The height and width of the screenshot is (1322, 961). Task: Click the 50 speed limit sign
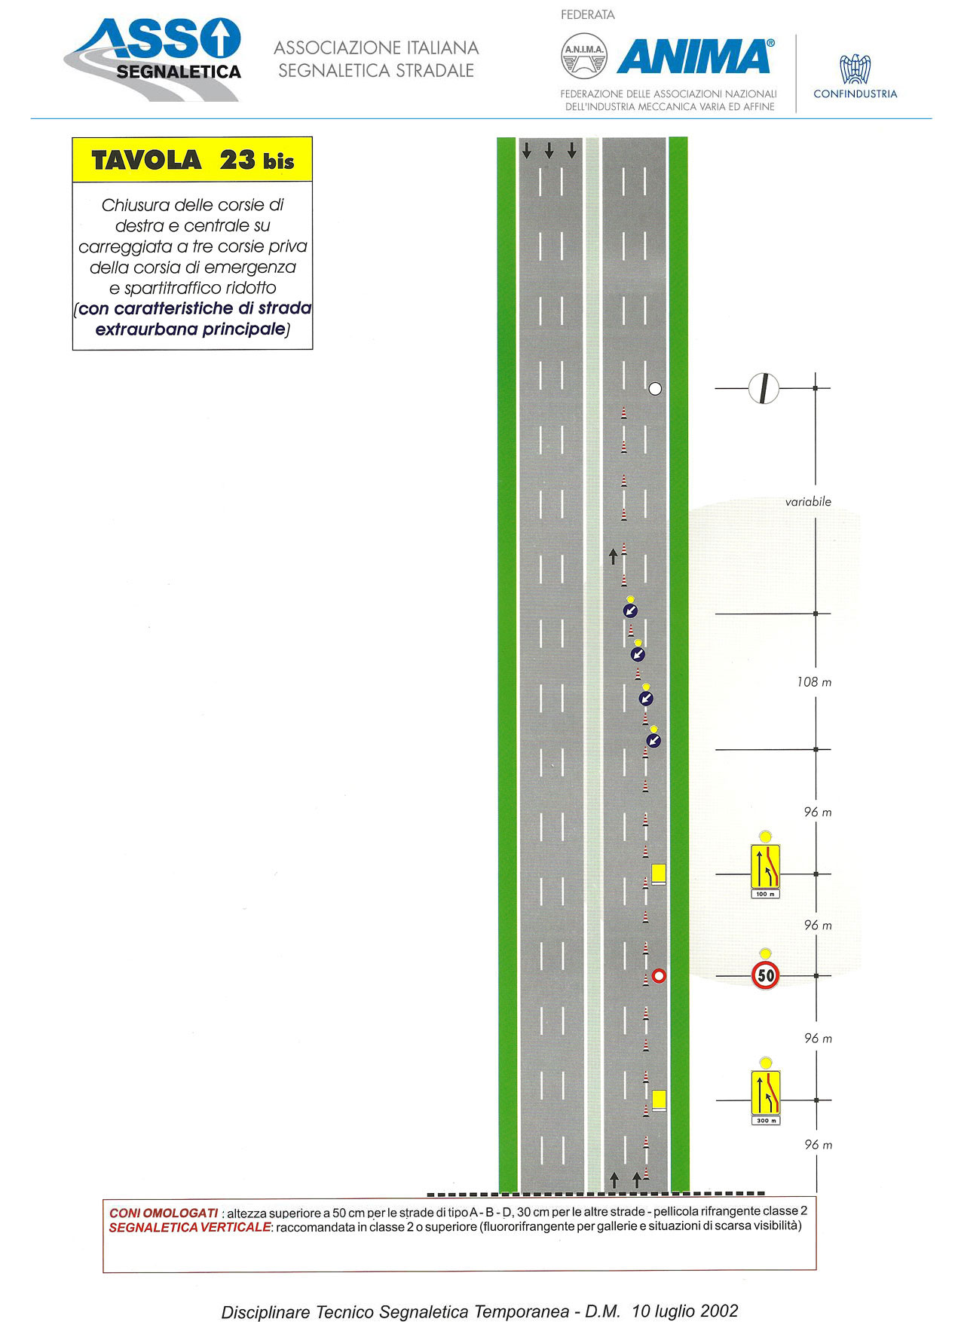[x=765, y=975]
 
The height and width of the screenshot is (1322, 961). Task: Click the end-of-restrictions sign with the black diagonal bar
[x=764, y=388]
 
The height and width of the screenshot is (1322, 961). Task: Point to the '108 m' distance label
[x=814, y=682]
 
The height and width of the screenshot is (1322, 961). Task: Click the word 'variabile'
[x=808, y=502]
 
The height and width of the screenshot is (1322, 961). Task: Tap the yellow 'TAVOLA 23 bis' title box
[x=192, y=160]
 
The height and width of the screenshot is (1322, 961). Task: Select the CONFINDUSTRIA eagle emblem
[x=855, y=69]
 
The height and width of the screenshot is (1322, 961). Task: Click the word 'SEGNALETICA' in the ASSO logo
[x=179, y=72]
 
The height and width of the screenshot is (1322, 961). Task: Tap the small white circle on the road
[x=655, y=389]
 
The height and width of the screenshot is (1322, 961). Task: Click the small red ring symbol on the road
[x=659, y=976]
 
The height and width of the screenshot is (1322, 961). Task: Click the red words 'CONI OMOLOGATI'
[x=164, y=1213]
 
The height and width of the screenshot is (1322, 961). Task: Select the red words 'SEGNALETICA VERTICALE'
[x=189, y=1227]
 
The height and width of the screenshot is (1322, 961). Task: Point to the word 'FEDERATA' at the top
[x=588, y=14]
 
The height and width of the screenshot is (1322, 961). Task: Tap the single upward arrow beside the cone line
[x=613, y=556]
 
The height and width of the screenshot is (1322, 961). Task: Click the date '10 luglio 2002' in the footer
[x=685, y=1311]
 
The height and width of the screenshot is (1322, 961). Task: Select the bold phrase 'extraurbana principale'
[x=191, y=329]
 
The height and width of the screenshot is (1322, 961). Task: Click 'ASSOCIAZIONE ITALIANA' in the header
[x=376, y=47]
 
